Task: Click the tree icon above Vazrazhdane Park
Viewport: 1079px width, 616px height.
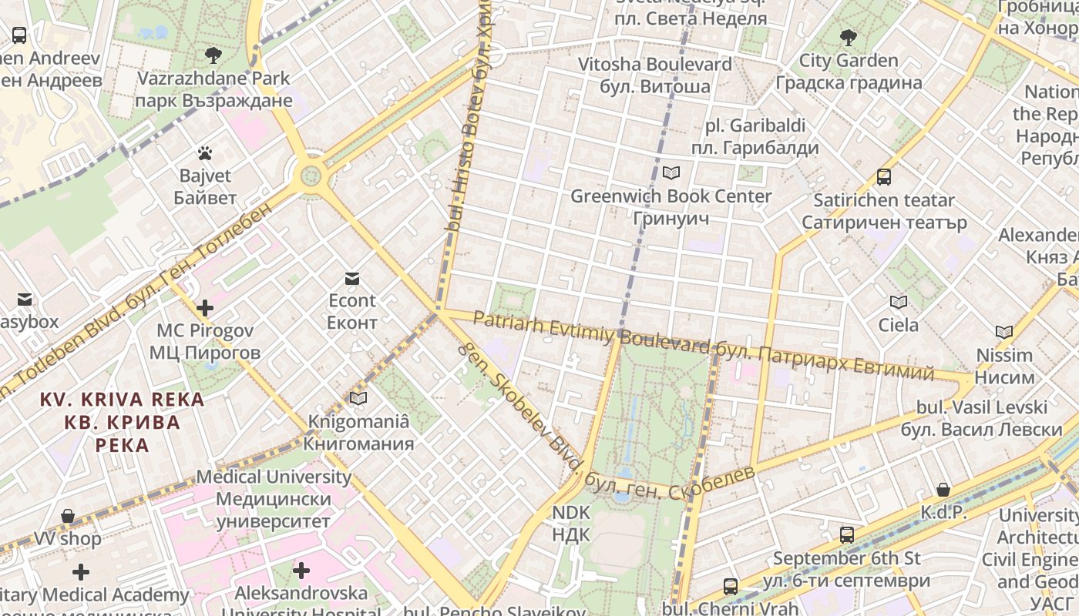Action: pos(213,55)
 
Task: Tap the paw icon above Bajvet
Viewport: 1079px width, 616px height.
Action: pos(204,153)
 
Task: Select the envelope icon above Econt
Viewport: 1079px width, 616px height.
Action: pos(352,278)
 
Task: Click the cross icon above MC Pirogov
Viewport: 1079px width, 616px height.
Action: pos(204,308)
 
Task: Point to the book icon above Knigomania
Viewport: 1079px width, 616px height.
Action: pos(358,398)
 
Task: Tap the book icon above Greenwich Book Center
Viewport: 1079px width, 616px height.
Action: pos(671,173)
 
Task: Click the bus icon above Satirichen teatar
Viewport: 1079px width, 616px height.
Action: pos(884,177)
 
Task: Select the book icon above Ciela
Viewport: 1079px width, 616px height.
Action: pos(898,302)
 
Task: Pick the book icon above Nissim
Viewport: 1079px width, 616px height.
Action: pos(1003,333)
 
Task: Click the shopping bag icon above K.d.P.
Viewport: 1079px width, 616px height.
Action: pos(943,490)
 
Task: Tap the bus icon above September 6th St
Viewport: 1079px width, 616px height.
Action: pos(846,535)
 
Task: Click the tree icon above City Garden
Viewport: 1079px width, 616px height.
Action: pos(848,37)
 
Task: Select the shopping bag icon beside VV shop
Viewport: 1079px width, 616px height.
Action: pos(68,516)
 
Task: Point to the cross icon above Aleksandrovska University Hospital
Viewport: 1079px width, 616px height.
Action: pos(301,571)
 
